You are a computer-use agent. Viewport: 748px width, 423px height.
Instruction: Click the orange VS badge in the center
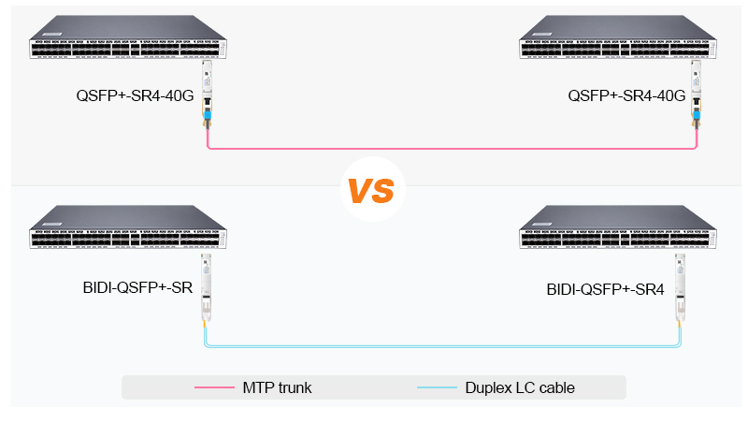point(371,189)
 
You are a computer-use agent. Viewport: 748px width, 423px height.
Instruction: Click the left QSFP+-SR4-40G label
point(135,96)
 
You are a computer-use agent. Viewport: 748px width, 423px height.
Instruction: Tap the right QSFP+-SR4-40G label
point(626,96)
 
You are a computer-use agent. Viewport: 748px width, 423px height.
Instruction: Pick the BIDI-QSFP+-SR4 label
point(606,290)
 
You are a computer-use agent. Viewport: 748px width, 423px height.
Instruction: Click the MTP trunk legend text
point(277,387)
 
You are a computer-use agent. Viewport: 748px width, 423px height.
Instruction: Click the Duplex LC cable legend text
point(520,387)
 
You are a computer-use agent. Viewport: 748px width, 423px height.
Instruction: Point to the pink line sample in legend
point(213,387)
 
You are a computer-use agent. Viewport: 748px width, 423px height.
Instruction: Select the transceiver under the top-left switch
point(207,94)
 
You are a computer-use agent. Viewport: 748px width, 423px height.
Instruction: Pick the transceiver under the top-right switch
point(697,94)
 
